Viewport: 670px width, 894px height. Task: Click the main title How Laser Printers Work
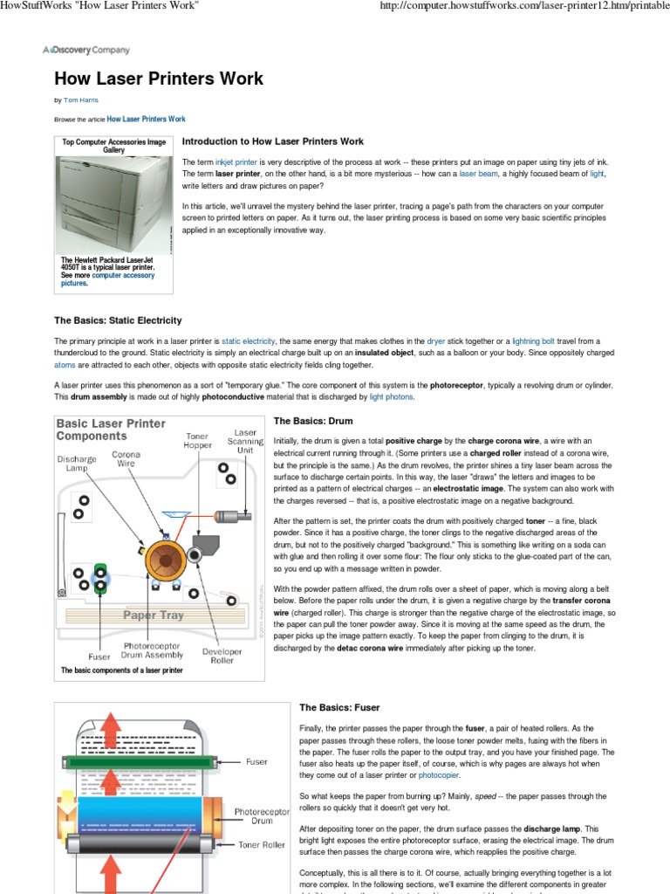159,79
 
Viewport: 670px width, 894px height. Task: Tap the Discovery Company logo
86,51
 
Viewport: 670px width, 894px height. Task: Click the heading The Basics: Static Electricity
118,320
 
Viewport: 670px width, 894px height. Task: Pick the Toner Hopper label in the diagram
197,440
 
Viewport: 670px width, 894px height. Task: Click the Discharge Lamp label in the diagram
78,464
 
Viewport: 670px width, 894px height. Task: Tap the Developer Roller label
222,656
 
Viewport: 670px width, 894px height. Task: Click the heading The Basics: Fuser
339,707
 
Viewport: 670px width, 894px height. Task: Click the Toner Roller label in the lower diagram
262,845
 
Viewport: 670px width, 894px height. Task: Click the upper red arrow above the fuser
109,726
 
